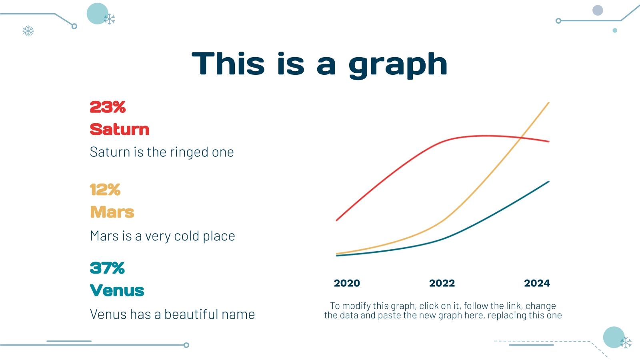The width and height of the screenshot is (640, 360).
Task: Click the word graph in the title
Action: [398, 65]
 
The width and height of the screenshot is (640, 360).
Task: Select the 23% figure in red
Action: [108, 107]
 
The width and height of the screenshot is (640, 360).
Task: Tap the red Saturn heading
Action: [120, 130]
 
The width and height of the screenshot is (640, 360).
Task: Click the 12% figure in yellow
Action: [105, 190]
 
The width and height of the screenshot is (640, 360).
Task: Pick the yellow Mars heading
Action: [112, 212]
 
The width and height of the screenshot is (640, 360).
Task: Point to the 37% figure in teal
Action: [107, 268]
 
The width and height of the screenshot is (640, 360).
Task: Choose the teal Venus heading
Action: [117, 290]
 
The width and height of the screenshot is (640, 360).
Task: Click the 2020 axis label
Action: [347, 283]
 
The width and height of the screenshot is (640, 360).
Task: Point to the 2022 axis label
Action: [442, 283]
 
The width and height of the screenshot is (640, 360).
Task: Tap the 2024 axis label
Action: [537, 283]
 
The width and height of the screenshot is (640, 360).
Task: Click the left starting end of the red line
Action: [336, 220]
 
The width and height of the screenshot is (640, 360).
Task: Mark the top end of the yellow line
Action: [549, 102]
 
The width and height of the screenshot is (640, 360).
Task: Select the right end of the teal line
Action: [549, 182]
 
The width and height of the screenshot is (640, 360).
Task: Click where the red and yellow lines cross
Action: [521, 138]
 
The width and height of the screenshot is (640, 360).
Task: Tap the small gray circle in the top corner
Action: [598, 10]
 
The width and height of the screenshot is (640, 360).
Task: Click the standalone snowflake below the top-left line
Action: [28, 31]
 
